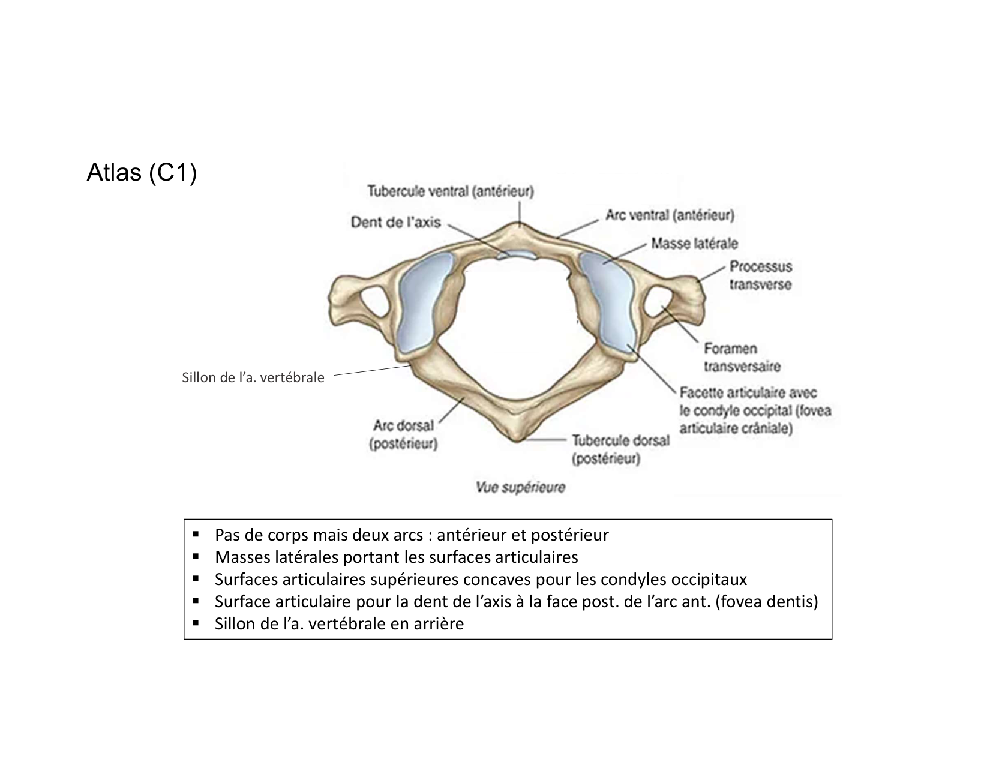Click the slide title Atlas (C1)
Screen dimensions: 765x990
(x=142, y=173)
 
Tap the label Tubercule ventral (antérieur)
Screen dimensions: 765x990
(x=451, y=191)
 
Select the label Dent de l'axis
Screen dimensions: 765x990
(x=395, y=222)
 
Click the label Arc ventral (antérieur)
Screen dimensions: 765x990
(x=669, y=214)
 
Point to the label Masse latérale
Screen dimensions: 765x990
(x=694, y=244)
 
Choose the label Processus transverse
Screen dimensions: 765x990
(x=760, y=275)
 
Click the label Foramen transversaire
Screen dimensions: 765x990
(x=742, y=357)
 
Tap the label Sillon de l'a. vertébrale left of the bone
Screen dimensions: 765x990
(x=253, y=377)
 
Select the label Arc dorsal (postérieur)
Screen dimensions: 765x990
(x=403, y=434)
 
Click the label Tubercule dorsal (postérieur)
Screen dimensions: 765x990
(x=620, y=449)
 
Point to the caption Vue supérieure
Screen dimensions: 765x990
(x=520, y=487)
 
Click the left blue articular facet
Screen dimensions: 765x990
(x=422, y=303)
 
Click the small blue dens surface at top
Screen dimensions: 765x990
(x=518, y=254)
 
